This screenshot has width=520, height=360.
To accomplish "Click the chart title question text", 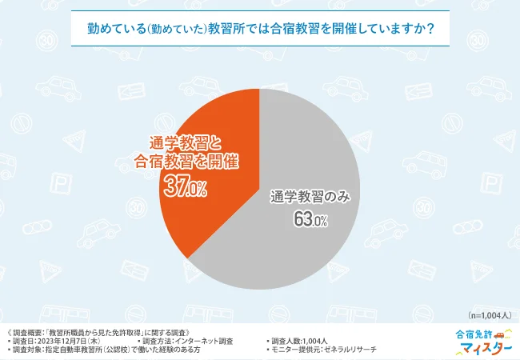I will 260,28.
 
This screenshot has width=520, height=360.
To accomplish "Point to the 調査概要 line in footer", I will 100,331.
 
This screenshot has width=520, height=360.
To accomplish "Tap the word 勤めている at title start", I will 113,28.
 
